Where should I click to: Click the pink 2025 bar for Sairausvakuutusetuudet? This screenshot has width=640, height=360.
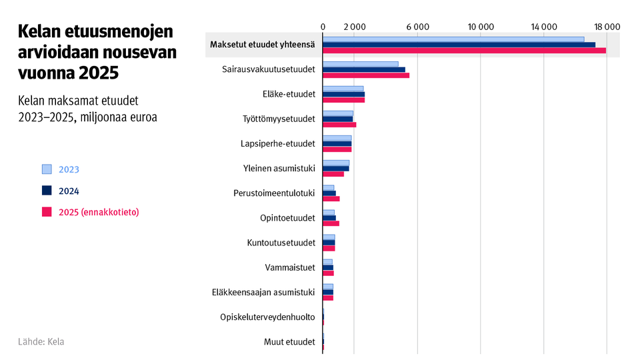click(x=366, y=75)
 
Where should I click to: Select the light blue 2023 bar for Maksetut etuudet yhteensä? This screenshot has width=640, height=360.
click(x=453, y=39)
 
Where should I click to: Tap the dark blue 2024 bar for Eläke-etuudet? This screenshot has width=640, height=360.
click(x=344, y=94)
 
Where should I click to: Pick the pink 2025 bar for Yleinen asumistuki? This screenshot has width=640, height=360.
click(x=333, y=174)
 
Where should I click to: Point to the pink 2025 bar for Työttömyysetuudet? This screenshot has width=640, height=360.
click(x=339, y=125)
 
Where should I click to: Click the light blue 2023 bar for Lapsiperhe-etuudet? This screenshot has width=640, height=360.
click(x=337, y=138)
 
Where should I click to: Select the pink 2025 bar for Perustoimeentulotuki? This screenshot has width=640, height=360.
click(x=331, y=199)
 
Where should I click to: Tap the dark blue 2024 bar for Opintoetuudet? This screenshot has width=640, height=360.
click(x=329, y=217)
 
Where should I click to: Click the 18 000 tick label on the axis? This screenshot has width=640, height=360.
click(x=607, y=27)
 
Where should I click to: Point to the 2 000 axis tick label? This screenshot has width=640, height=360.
click(x=355, y=27)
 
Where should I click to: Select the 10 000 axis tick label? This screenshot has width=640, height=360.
click(x=481, y=27)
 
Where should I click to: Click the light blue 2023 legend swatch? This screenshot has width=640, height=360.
click(x=47, y=169)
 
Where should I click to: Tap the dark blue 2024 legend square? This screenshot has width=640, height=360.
click(x=47, y=191)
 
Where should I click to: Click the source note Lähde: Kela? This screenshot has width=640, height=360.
click(x=41, y=341)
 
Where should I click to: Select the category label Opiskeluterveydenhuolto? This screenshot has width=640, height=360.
click(x=267, y=317)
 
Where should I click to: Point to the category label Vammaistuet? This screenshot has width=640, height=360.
click(x=290, y=267)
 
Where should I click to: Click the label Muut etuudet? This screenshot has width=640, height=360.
click(x=289, y=342)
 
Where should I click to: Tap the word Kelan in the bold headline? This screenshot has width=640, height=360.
click(x=39, y=33)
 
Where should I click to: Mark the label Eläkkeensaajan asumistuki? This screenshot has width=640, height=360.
click(x=263, y=292)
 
